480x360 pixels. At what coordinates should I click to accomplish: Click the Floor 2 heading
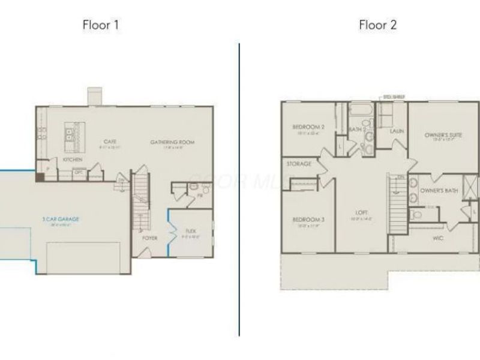(x=377, y=25)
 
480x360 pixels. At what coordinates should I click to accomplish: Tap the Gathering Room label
(x=172, y=142)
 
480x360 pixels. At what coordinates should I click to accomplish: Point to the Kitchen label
(x=73, y=160)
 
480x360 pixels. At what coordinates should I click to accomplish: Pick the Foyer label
(x=149, y=238)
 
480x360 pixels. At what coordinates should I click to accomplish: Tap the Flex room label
(x=191, y=231)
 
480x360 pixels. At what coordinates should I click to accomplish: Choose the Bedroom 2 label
(x=308, y=127)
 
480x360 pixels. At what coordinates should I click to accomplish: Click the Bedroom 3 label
(x=308, y=220)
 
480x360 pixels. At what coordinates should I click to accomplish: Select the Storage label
(x=299, y=164)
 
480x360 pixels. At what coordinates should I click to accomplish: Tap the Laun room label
(x=395, y=131)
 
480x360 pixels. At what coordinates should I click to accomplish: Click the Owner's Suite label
(x=443, y=136)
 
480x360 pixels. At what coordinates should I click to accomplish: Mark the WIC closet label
(x=437, y=238)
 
